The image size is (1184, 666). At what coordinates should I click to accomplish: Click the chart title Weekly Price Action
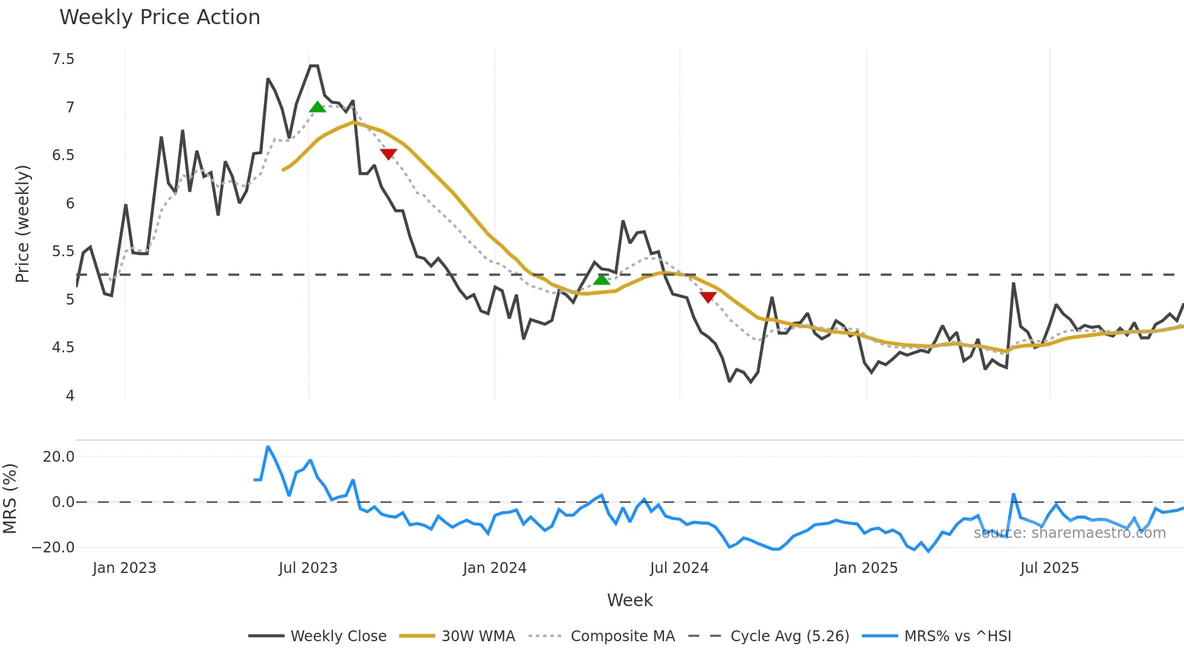pyautogui.click(x=159, y=17)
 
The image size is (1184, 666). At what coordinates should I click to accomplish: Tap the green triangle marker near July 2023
pyautogui.click(x=318, y=108)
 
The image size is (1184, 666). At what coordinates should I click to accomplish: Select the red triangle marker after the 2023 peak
pyautogui.click(x=388, y=154)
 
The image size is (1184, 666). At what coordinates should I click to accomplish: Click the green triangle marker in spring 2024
pyautogui.click(x=602, y=279)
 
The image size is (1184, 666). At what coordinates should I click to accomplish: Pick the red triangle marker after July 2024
pyautogui.click(x=708, y=297)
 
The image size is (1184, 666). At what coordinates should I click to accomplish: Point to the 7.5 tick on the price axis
pyautogui.click(x=63, y=59)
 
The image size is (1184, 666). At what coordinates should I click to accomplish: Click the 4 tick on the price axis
pyautogui.click(x=70, y=396)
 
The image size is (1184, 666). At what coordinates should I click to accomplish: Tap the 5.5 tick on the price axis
pyautogui.click(x=63, y=251)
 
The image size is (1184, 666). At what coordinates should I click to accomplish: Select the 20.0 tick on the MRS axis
pyautogui.click(x=59, y=457)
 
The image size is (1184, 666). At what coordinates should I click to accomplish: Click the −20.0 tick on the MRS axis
pyautogui.click(x=53, y=548)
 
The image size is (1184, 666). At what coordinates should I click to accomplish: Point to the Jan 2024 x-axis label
pyautogui.click(x=495, y=568)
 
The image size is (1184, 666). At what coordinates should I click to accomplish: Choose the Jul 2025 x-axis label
pyautogui.click(x=1049, y=568)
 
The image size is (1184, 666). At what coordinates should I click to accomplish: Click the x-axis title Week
pyautogui.click(x=629, y=600)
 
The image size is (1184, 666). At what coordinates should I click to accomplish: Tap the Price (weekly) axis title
pyautogui.click(x=22, y=224)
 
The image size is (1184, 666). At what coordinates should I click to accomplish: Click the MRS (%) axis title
pyautogui.click(x=10, y=499)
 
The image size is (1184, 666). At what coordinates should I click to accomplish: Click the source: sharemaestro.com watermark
pyautogui.click(x=1069, y=533)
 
